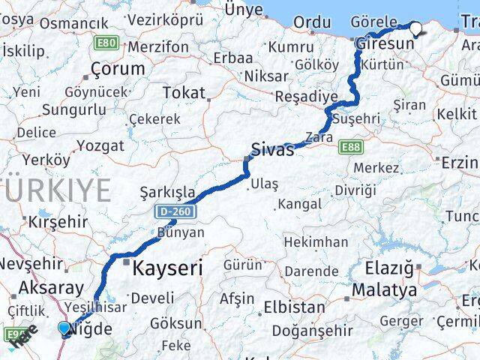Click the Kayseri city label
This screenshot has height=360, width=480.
click(167, 267)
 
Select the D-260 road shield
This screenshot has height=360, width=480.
click(176, 212)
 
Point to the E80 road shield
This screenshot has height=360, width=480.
click(106, 43)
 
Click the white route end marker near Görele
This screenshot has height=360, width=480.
click(415, 29)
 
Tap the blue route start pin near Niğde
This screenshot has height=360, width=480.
click(64, 328)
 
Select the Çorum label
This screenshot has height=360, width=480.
click(117, 69)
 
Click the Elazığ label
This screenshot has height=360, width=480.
click(388, 268)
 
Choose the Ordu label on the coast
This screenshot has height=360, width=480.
click(311, 22)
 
